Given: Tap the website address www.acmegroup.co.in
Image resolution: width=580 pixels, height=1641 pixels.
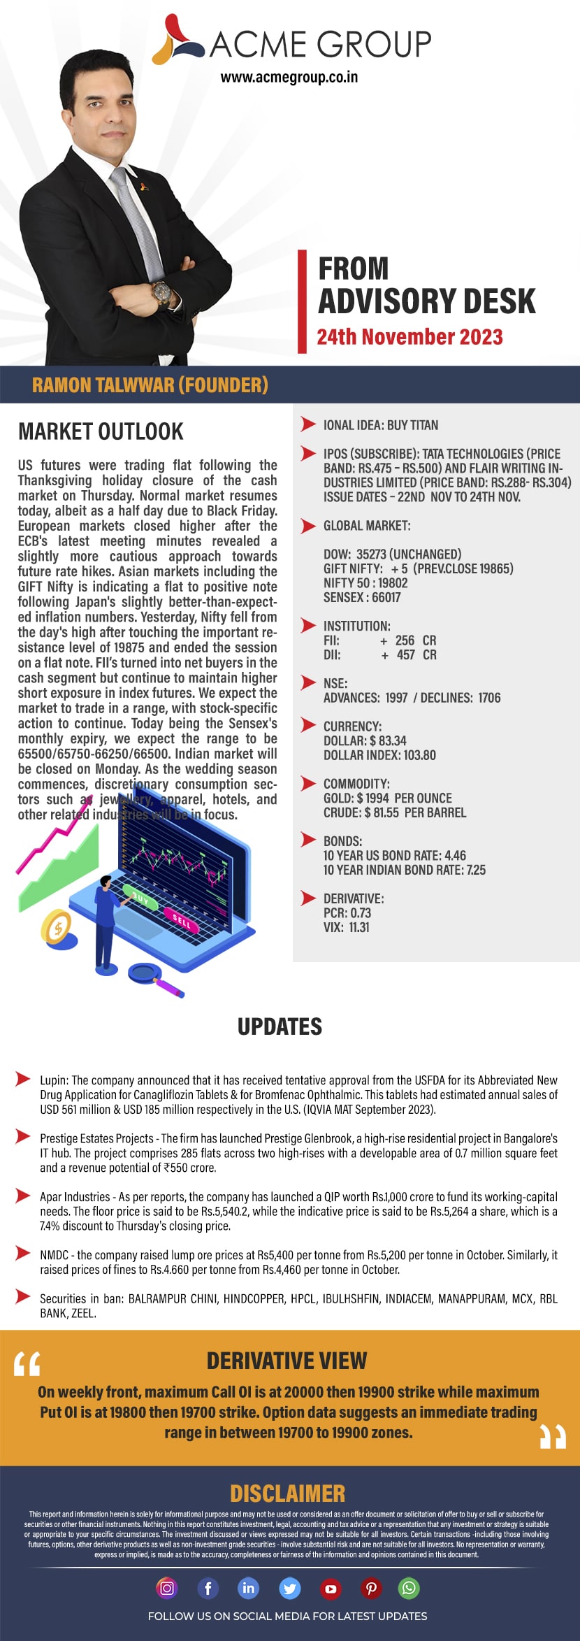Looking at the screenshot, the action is coord(289,78).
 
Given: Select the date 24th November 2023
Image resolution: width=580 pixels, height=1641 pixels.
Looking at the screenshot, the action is coord(409,337).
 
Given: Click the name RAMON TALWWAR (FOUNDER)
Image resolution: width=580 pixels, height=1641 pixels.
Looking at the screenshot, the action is coord(150,385).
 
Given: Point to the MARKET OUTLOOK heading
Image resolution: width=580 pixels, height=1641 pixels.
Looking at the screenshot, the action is coord(101,431).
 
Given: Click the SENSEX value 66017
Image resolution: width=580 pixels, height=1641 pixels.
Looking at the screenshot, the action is coord(386,597).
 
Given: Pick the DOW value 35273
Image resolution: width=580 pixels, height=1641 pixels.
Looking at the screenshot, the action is coord(371,554).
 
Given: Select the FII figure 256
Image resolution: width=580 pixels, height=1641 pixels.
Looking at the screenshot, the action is coord(405,640).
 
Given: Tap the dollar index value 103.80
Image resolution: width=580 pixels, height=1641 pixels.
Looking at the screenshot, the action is coord(419,755).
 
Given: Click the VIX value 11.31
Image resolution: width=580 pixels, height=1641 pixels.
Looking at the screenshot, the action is coord(359,927).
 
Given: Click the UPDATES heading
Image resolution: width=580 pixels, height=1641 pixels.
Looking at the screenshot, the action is coord(280,1026).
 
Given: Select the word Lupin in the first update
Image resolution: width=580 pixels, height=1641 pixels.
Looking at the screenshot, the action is coord(55,1080).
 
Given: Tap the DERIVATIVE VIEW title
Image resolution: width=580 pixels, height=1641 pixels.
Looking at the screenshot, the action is coord(287,1361).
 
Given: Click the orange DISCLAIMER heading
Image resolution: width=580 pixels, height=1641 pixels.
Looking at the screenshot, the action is coord(288,1493).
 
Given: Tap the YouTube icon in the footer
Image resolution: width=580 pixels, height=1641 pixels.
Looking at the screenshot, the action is coord(331,1589).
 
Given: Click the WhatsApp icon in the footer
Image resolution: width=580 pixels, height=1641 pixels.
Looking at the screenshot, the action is coord(409,1588).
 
